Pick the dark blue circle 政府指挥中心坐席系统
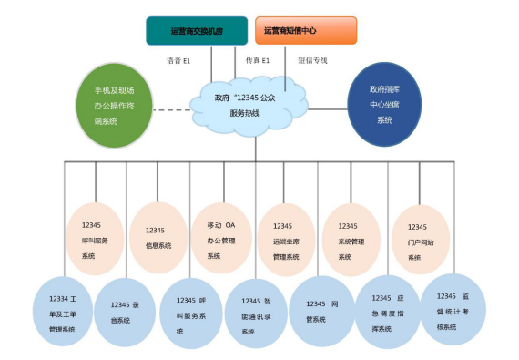(x=385, y=104)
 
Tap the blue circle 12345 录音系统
(x=125, y=311)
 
